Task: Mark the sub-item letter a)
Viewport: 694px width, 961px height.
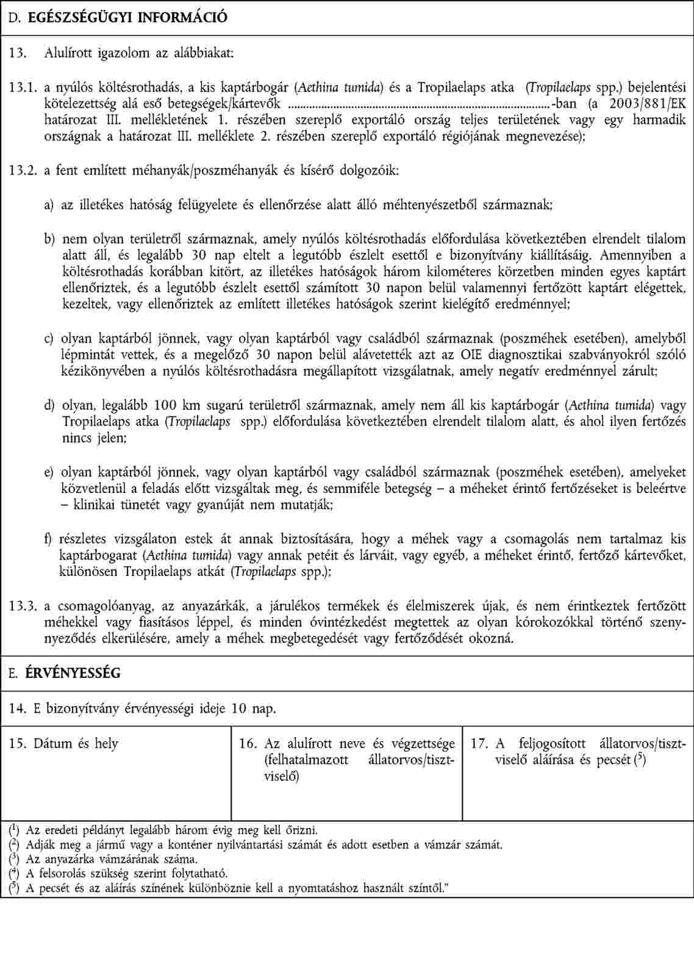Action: click(x=49, y=205)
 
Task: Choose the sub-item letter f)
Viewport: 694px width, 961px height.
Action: click(x=48, y=539)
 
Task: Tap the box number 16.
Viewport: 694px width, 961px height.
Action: click(x=248, y=744)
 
